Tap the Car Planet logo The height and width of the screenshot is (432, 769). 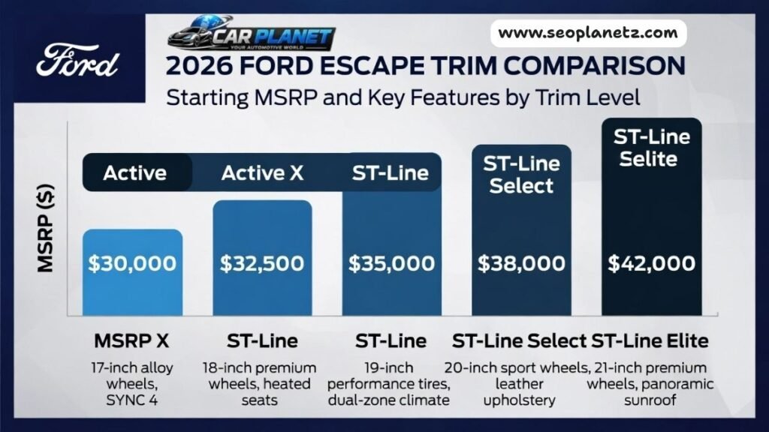coord(251,33)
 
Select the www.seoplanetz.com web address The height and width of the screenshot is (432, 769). coord(588,33)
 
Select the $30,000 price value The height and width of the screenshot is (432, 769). coord(132,264)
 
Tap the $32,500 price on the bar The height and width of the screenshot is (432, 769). coord(262,264)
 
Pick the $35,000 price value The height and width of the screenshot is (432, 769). coord(391,264)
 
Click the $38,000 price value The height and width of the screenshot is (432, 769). coord(522,264)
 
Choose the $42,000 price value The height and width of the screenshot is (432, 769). coord(651,264)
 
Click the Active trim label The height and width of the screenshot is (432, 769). coord(134,173)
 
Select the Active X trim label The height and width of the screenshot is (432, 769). coord(262,173)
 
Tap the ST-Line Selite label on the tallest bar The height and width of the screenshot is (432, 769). coord(651,148)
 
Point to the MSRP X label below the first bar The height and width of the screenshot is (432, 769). coord(132,341)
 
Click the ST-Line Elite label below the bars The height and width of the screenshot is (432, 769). coord(650,341)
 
